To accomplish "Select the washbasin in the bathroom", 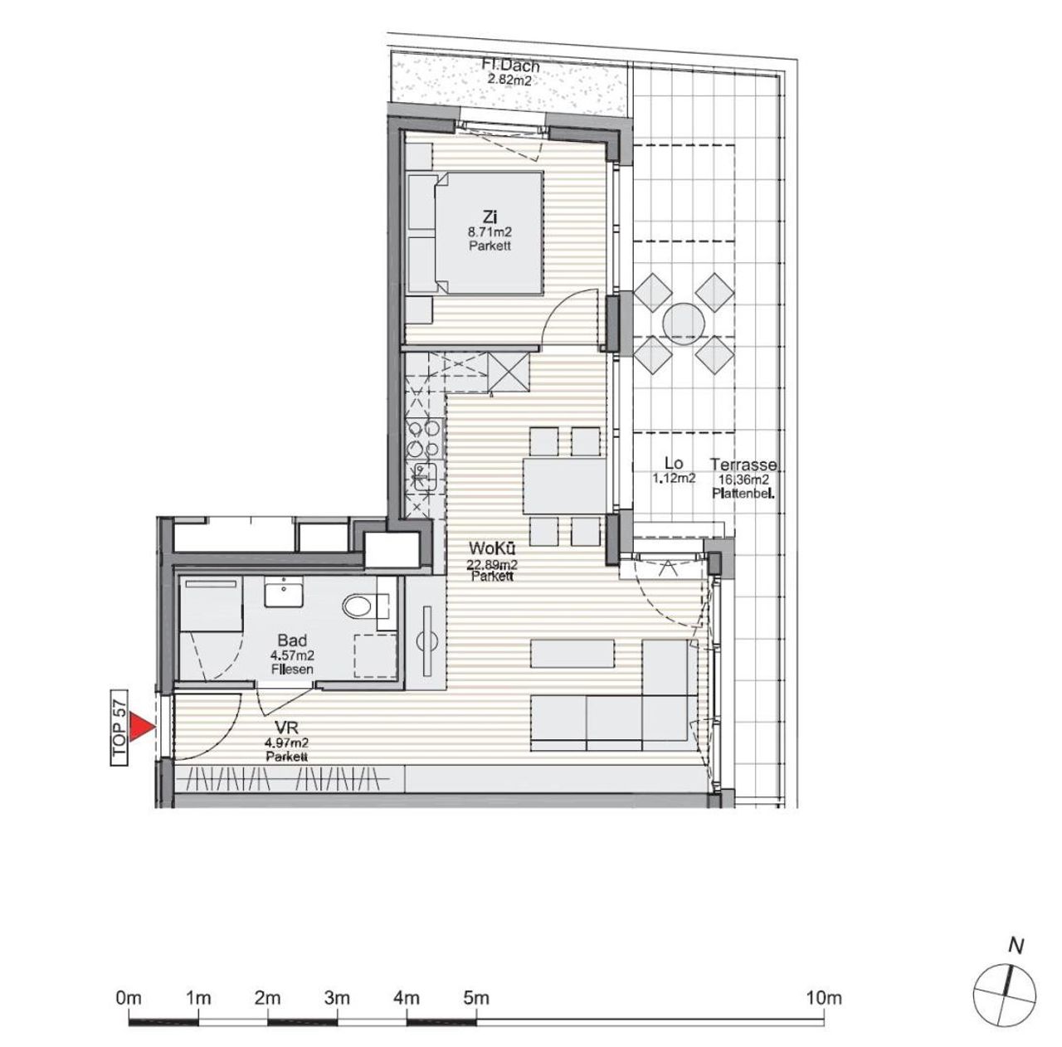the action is [x=284, y=592].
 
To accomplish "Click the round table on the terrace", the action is [x=684, y=323].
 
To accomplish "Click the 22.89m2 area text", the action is [x=492, y=564].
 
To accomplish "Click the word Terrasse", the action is [x=743, y=465].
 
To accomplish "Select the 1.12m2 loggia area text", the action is [x=674, y=479].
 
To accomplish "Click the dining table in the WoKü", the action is [x=565, y=485].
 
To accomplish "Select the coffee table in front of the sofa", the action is [x=572, y=654].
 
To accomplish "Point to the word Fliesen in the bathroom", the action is [x=292, y=670].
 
